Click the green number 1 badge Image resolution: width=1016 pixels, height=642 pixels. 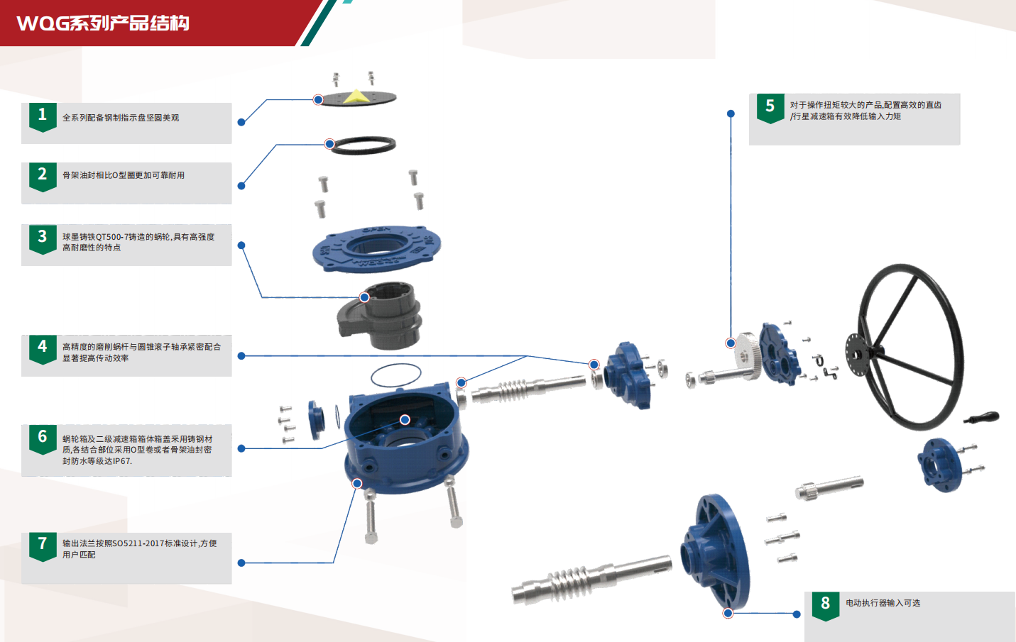pyautogui.click(x=43, y=117)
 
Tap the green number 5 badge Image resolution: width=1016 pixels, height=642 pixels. pyautogui.click(x=770, y=109)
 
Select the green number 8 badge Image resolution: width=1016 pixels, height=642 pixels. pyautogui.click(x=826, y=606)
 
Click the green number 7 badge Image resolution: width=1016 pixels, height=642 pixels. pyautogui.click(x=43, y=546)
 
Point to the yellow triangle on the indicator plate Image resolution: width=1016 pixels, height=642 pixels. pyautogui.click(x=356, y=96)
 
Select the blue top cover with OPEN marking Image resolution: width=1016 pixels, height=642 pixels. pyautogui.click(x=376, y=249)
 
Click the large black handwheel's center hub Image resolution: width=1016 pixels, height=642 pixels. pyautogui.click(x=857, y=355)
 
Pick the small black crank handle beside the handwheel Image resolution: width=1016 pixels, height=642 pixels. pyautogui.click(x=981, y=417)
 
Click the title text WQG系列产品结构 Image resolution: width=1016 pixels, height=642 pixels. pyautogui.click(x=103, y=23)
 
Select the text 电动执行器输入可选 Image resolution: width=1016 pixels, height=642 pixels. pyautogui.click(x=883, y=603)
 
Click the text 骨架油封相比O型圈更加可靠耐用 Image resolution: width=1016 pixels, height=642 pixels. pyautogui.click(x=124, y=175)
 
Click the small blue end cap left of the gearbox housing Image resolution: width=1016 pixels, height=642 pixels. pyautogui.click(x=316, y=419)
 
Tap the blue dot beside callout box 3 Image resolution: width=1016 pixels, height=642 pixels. pyautogui.click(x=241, y=245)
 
